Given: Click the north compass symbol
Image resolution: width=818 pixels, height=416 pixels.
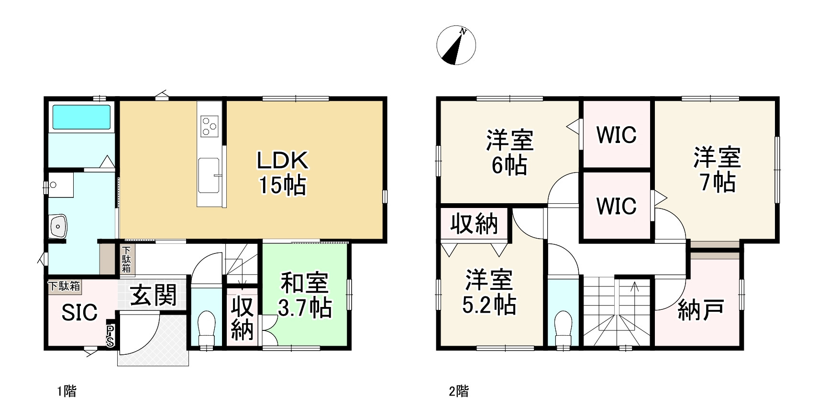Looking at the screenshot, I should [x=456, y=46].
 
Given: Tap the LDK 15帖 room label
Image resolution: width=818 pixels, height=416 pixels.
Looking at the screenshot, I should [x=282, y=173].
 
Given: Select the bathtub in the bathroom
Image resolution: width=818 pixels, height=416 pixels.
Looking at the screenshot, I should [x=81, y=117].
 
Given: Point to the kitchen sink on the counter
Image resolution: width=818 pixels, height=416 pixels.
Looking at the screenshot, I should [x=209, y=175].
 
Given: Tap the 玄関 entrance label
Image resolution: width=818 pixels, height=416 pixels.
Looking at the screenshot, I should [x=153, y=295].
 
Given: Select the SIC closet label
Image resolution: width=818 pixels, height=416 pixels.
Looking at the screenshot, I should [x=79, y=312].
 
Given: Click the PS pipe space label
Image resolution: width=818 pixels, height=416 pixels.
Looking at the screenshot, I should [x=111, y=336].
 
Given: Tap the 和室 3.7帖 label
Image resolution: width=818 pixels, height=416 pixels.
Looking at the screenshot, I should [x=305, y=295].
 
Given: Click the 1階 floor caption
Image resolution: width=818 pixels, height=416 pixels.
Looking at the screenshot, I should [x=66, y=392].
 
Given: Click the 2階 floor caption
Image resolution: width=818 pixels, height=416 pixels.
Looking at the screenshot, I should [x=459, y=392].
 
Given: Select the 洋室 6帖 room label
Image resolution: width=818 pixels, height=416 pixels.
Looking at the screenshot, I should [x=509, y=153].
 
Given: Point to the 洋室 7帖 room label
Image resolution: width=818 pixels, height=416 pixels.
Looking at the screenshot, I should [x=717, y=170].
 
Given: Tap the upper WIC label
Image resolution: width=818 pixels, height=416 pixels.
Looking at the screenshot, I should [x=616, y=135].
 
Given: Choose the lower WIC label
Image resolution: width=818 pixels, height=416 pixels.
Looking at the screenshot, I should [x=616, y=206].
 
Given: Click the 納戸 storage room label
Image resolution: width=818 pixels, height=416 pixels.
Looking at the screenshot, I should [x=700, y=310].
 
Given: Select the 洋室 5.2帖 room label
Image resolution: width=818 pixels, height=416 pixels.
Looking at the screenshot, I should [x=489, y=292].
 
